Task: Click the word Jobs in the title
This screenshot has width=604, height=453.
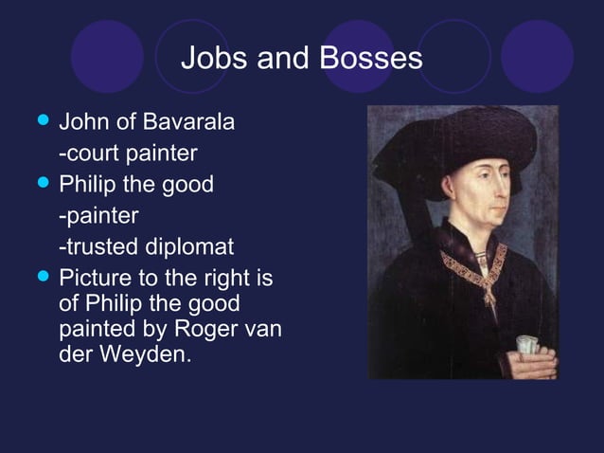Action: click(206, 59)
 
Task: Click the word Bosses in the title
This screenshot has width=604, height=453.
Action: click(371, 59)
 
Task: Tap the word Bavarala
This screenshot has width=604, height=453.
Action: click(189, 123)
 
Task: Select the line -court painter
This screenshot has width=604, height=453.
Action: click(128, 153)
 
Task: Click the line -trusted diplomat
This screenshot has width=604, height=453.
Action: click(146, 247)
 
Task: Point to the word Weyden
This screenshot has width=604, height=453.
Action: click(140, 360)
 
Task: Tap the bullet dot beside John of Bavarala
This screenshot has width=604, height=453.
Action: click(40, 122)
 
